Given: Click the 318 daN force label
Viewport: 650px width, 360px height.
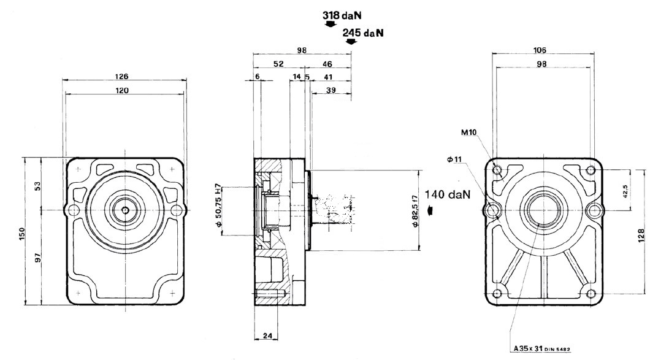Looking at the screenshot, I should click(344, 12).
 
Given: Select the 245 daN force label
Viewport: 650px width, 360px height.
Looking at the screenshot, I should click(365, 33).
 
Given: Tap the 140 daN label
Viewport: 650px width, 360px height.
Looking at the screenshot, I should click(450, 195).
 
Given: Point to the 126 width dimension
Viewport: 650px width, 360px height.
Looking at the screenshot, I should click(123, 77).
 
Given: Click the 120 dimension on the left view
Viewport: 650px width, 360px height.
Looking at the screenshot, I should click(123, 90).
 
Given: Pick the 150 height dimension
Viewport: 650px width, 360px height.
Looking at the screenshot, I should click(22, 233).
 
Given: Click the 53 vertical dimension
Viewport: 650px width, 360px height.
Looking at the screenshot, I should click(37, 185).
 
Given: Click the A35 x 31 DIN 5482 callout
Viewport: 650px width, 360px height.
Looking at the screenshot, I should click(542, 350).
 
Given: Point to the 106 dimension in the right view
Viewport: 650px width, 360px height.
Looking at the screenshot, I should click(540, 50).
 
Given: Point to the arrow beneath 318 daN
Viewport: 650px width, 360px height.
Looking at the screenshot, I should click(330, 24).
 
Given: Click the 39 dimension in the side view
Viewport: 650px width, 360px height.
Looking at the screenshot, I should click(331, 90).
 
